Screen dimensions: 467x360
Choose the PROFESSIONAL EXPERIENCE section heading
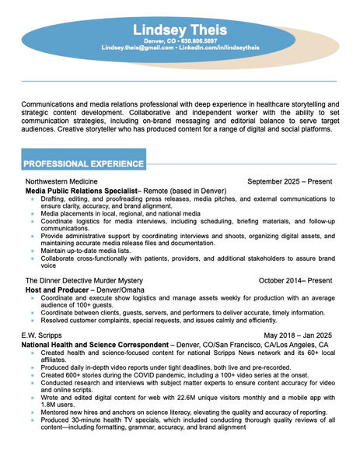(82, 164)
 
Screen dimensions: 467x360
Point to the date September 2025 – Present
(289, 181)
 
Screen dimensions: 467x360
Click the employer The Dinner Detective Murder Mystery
(84, 280)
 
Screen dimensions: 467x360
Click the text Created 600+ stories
(74, 374)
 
